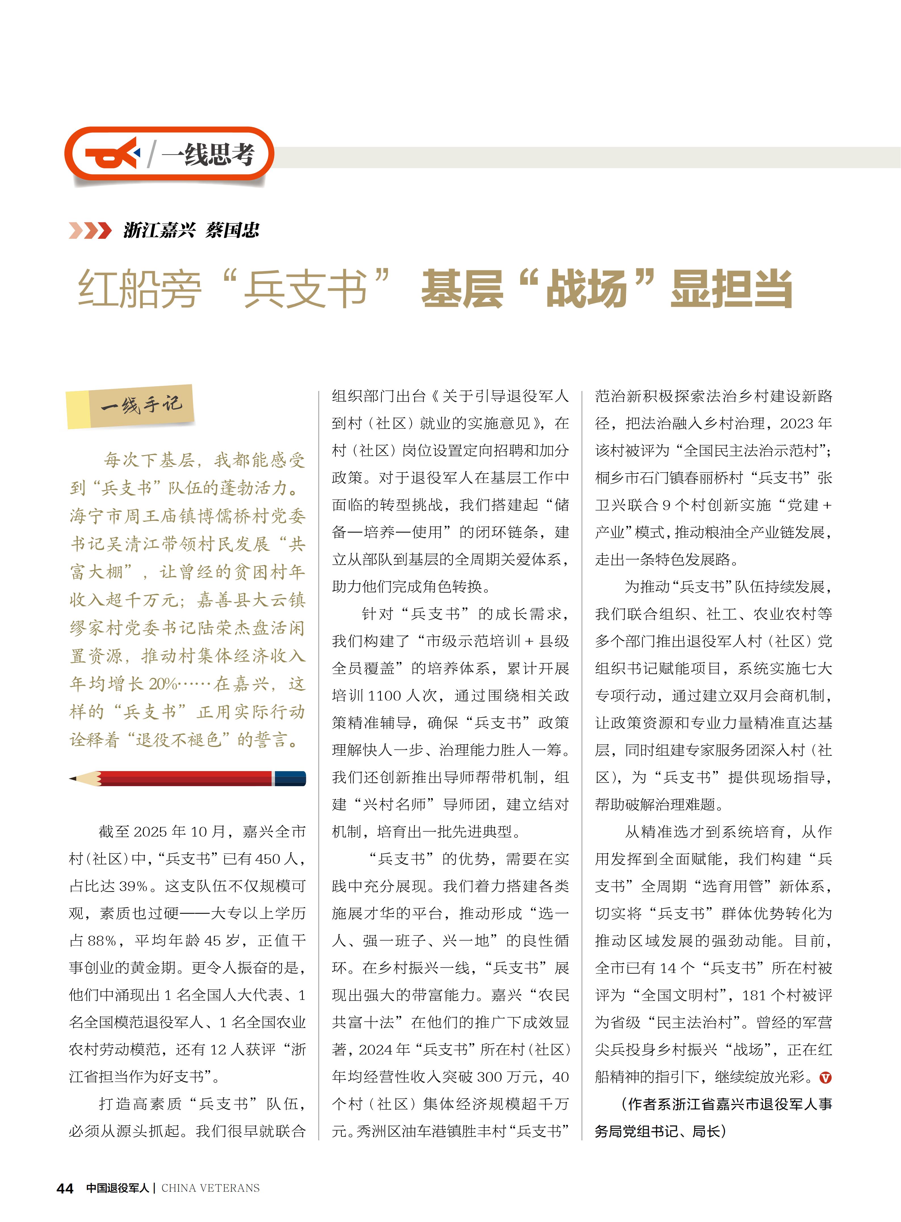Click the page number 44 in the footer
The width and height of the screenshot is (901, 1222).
click(x=65, y=1188)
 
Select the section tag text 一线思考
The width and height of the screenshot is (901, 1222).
click(x=208, y=155)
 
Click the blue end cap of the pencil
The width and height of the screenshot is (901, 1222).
click(x=290, y=778)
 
